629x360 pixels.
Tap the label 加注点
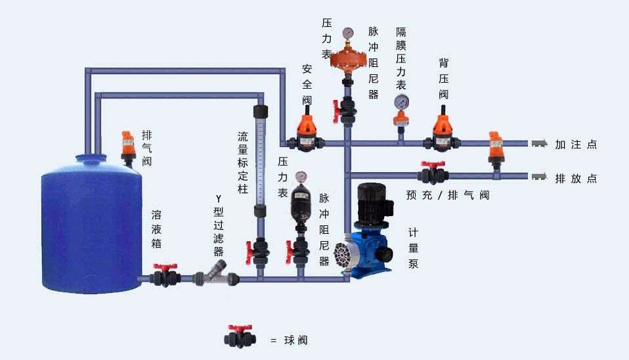[x=575, y=145]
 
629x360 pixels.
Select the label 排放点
[x=575, y=179]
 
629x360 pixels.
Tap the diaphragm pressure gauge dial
[x=401, y=102]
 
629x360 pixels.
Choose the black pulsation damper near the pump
[x=301, y=205]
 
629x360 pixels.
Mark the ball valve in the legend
[x=240, y=336]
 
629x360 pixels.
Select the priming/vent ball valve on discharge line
[x=433, y=173]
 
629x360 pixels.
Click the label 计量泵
[x=413, y=248]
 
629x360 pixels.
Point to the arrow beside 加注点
[x=540, y=144]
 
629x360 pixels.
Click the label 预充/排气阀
[x=447, y=195]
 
